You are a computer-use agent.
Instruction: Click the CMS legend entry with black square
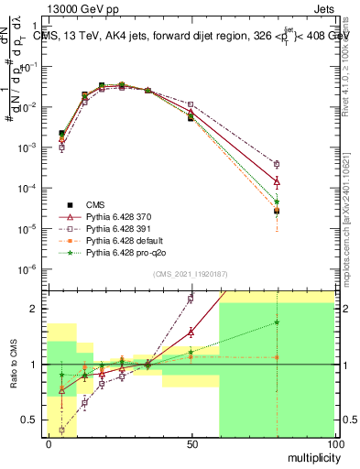(96, 204)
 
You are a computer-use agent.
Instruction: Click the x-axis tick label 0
(49, 443)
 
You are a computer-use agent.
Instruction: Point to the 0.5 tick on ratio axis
(32, 420)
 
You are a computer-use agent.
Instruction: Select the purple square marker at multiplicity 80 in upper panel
(277, 164)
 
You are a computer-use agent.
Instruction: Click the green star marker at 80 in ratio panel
(277, 322)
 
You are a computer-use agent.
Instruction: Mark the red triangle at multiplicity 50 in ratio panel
(191, 332)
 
